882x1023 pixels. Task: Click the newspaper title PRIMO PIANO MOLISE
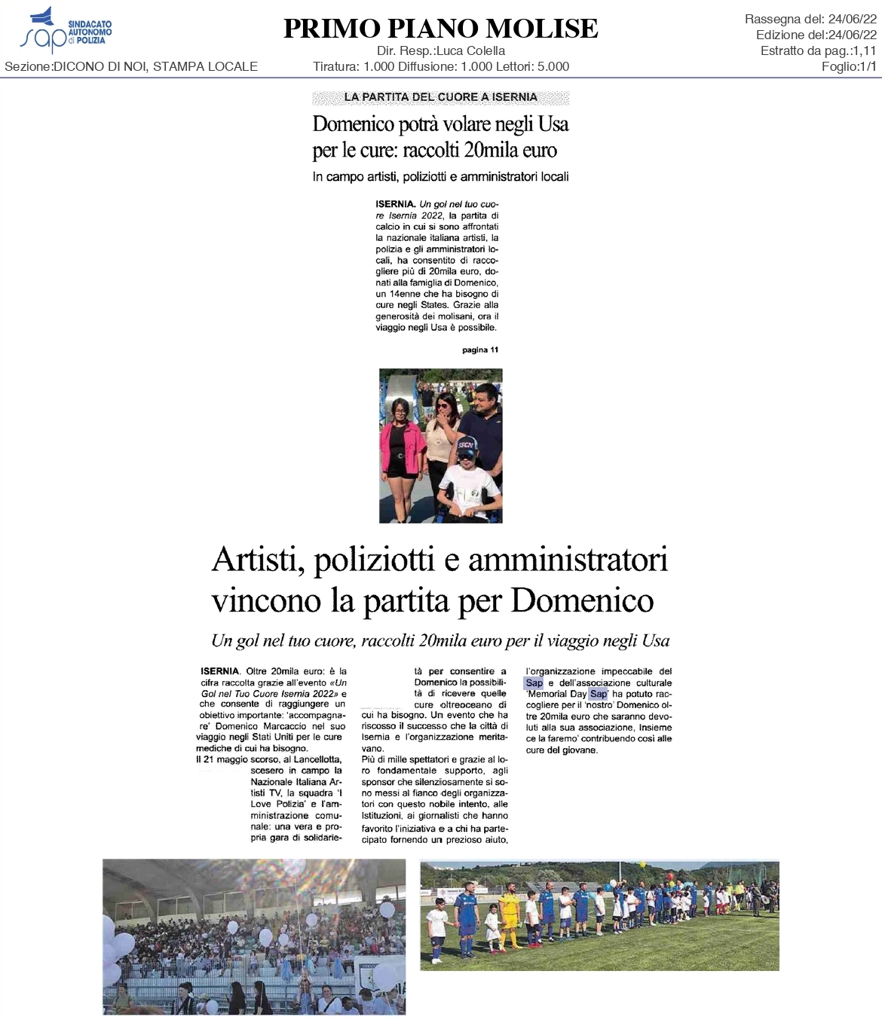440,29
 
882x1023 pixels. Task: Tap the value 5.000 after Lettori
553,66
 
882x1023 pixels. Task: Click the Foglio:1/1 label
849,66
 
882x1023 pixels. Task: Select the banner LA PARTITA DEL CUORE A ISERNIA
440,97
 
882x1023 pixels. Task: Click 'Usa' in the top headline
553,124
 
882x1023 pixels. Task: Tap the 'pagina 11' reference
480,350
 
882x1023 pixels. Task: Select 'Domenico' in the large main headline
582,600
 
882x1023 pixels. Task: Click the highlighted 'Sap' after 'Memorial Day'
598,694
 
